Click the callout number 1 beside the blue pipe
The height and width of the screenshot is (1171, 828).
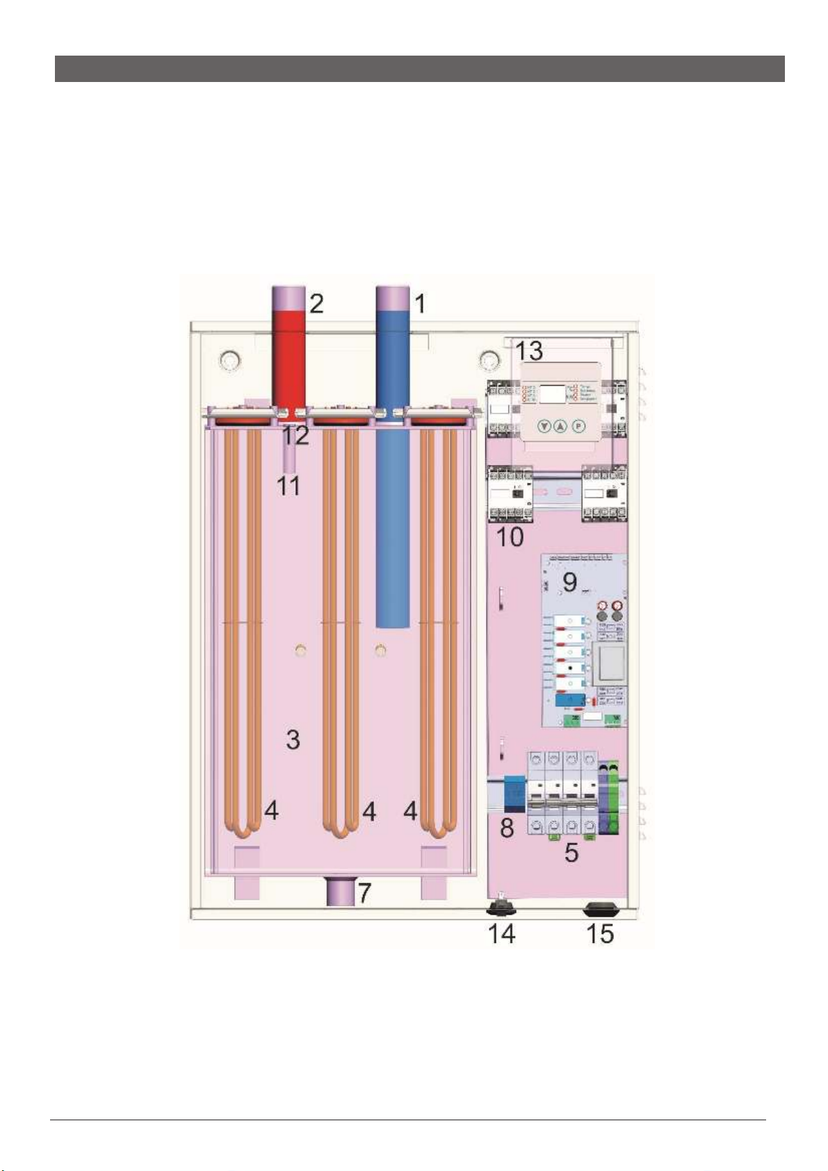pyautogui.click(x=419, y=303)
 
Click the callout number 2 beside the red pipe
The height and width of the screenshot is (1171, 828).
pyautogui.click(x=316, y=303)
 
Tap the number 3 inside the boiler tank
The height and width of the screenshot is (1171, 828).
pyautogui.click(x=293, y=739)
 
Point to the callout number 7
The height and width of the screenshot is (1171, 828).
pyautogui.click(x=364, y=892)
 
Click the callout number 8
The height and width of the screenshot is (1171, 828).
pyautogui.click(x=508, y=827)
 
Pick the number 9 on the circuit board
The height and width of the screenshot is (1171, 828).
pyautogui.click(x=570, y=582)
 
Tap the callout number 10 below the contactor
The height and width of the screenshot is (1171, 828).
pyautogui.click(x=510, y=537)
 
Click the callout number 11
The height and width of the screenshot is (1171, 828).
pyautogui.click(x=289, y=485)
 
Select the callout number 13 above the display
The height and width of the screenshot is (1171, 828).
pyautogui.click(x=529, y=351)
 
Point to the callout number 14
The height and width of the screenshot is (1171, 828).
pyautogui.click(x=501, y=933)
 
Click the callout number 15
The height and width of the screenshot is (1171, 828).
pyautogui.click(x=600, y=933)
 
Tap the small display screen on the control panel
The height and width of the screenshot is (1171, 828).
pyautogui.click(x=553, y=394)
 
